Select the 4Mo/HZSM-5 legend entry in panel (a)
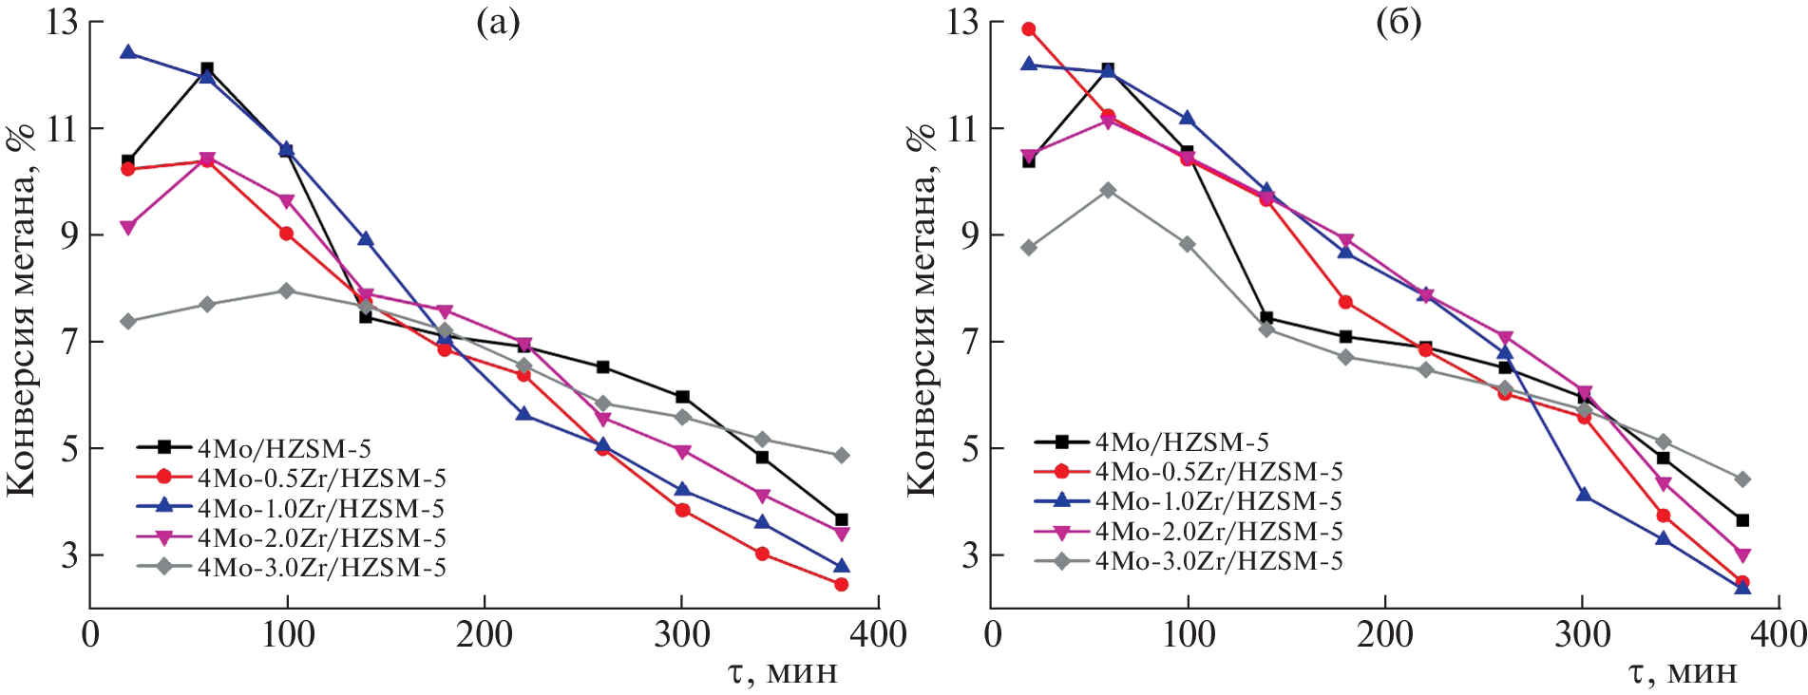pyautogui.click(x=283, y=448)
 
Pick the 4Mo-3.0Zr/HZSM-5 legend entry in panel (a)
pyautogui.click(x=321, y=568)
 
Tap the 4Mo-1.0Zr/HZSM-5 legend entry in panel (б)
pyautogui.click(x=1219, y=501)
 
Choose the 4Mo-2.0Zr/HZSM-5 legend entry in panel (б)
pyautogui.click(x=1219, y=532)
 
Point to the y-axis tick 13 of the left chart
pyautogui.click(x=62, y=22)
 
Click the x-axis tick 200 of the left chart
pyautogui.click(x=485, y=634)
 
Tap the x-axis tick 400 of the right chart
pyautogui.click(x=1778, y=634)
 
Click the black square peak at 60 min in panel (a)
pyautogui.click(x=207, y=68)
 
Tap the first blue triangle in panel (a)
pyautogui.click(x=128, y=52)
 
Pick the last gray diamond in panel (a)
pyautogui.click(x=841, y=456)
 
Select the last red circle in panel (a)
pyautogui.click(x=841, y=584)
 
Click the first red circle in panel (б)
pyautogui.click(x=1029, y=29)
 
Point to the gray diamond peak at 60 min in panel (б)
pyautogui.click(x=1108, y=190)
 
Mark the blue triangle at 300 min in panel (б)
pyautogui.click(x=1584, y=495)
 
